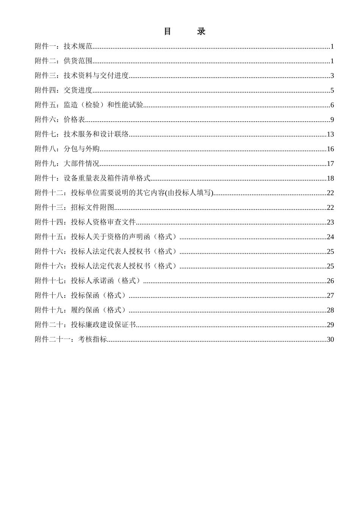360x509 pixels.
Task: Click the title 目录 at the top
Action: tap(185, 31)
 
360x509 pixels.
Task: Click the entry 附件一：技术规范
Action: tap(64, 47)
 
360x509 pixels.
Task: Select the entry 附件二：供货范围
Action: tap(64, 61)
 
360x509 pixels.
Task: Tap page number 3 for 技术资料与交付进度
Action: tap(332, 76)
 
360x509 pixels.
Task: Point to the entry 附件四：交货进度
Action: tap(64, 90)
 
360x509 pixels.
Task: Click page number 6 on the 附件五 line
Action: tap(332, 105)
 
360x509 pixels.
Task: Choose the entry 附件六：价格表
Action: tap(60, 120)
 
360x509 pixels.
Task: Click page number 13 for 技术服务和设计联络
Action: tap(330, 134)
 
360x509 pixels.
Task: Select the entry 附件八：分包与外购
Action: tap(67, 149)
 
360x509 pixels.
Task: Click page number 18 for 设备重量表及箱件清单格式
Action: tap(330, 178)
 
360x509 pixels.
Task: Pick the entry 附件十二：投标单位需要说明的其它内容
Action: tap(124, 193)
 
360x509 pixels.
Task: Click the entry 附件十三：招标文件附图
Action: tap(74, 208)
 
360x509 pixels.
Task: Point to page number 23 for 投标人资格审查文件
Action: tap(330, 222)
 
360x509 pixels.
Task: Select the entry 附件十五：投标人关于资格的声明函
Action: tap(106, 237)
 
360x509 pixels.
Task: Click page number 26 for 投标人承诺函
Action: tap(330, 281)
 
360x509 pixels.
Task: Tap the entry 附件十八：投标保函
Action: tap(80, 295)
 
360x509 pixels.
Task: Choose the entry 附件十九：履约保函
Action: tap(80, 310)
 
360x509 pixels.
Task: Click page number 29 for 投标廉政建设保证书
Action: tap(330, 325)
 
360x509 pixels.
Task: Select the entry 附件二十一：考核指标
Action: tap(71, 339)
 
